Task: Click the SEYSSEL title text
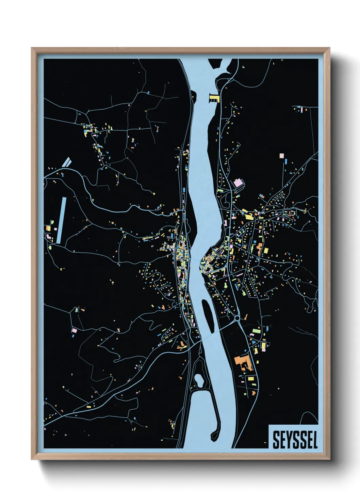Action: tap(295, 440)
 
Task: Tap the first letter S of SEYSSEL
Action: tap(276, 440)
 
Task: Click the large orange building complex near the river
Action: tap(242, 362)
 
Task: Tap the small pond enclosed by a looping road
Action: tap(198, 380)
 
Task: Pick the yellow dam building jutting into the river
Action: tap(214, 99)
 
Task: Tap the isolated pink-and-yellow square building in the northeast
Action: tap(281, 156)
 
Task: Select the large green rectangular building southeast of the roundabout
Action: tap(256, 330)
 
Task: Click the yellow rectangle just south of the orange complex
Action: tap(251, 379)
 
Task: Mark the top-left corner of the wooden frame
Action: tap(32, 48)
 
